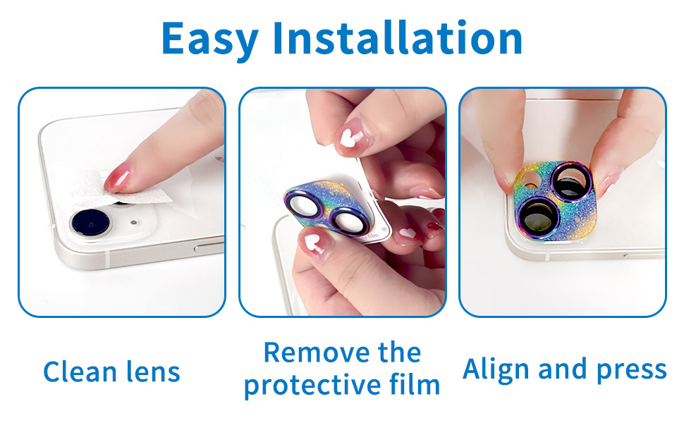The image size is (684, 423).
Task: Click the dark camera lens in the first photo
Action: (x=88, y=223)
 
